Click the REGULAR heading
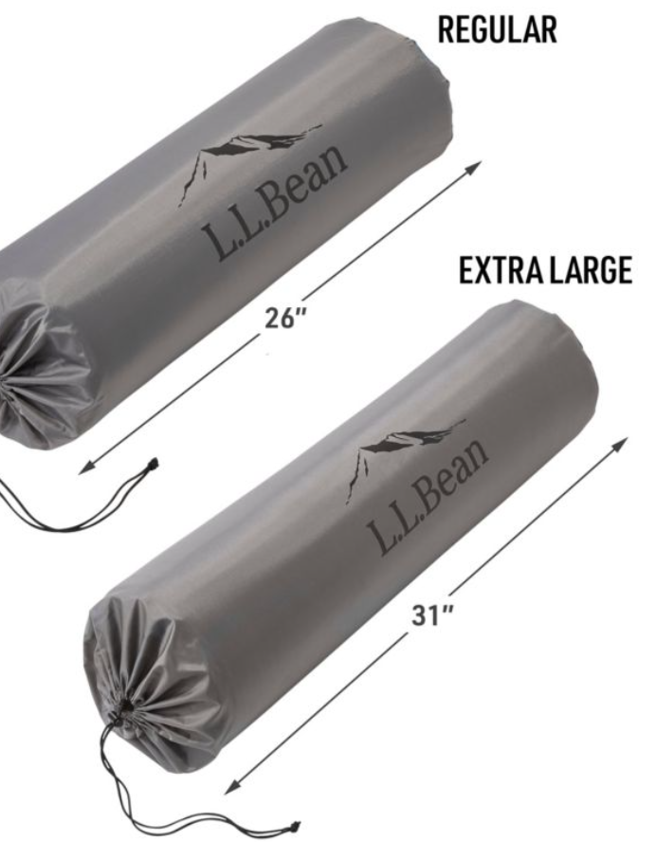pos(497,30)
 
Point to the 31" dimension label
pos(432,615)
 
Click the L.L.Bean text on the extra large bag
pos(428,496)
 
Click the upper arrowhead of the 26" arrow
pos(475,167)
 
